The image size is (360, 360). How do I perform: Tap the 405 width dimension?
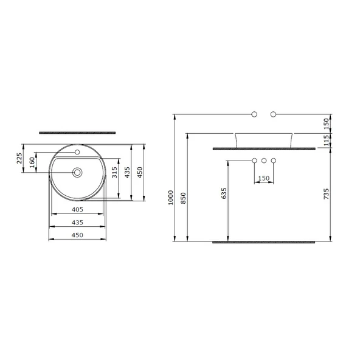click(77, 209)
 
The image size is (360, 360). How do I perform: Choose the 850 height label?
click(183, 198)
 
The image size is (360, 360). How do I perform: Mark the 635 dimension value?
click(223, 194)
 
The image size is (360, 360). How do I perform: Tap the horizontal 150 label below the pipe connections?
click(263, 178)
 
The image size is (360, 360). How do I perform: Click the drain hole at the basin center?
click(77, 173)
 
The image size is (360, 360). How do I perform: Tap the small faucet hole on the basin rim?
click(77, 151)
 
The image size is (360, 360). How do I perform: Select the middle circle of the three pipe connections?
click(264, 161)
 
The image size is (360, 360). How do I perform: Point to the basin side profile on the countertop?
click(264, 139)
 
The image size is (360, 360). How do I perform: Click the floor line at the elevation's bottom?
click(264, 241)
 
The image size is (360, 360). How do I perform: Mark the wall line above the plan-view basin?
click(77, 131)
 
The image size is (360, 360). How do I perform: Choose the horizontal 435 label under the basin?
click(77, 222)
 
